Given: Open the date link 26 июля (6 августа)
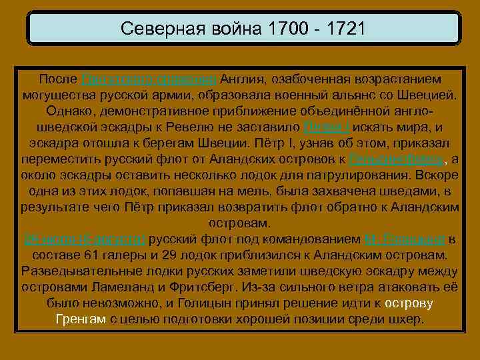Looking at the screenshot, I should tap(85, 239).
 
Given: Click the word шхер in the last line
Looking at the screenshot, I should tap(406, 319).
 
